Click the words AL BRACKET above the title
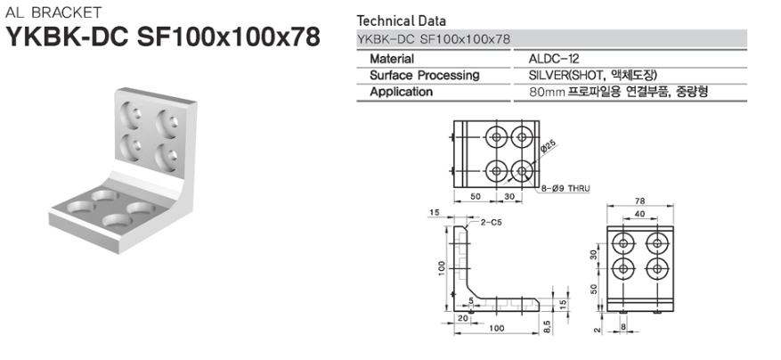pos(53,12)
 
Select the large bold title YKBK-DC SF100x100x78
pos(162,36)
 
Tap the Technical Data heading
pos(402,21)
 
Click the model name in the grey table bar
pos(434,39)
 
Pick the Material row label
pos(392,59)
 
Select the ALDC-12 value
pos(554,59)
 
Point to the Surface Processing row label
pos(425,76)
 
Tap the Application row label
pos(401,93)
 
